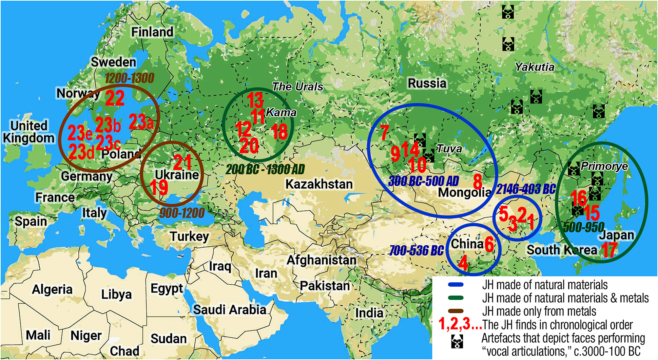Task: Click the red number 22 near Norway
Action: pos(115,98)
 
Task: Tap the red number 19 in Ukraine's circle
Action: pos(159,187)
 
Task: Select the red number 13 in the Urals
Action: pos(255,100)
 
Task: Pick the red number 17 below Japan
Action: pos(609,250)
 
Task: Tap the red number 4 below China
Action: pos(463,263)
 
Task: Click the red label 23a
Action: pos(141,122)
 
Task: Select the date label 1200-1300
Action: pos(129,78)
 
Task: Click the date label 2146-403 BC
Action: pos(526,189)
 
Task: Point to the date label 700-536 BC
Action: pos(416,251)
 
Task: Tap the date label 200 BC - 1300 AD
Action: pos(265,169)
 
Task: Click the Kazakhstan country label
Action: pos(319,184)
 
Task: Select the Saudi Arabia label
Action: pos(229,310)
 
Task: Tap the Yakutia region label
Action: pos(534,67)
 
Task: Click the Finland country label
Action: pos(152,32)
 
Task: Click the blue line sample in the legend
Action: pos(455,285)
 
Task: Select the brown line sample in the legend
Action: pos(455,311)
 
